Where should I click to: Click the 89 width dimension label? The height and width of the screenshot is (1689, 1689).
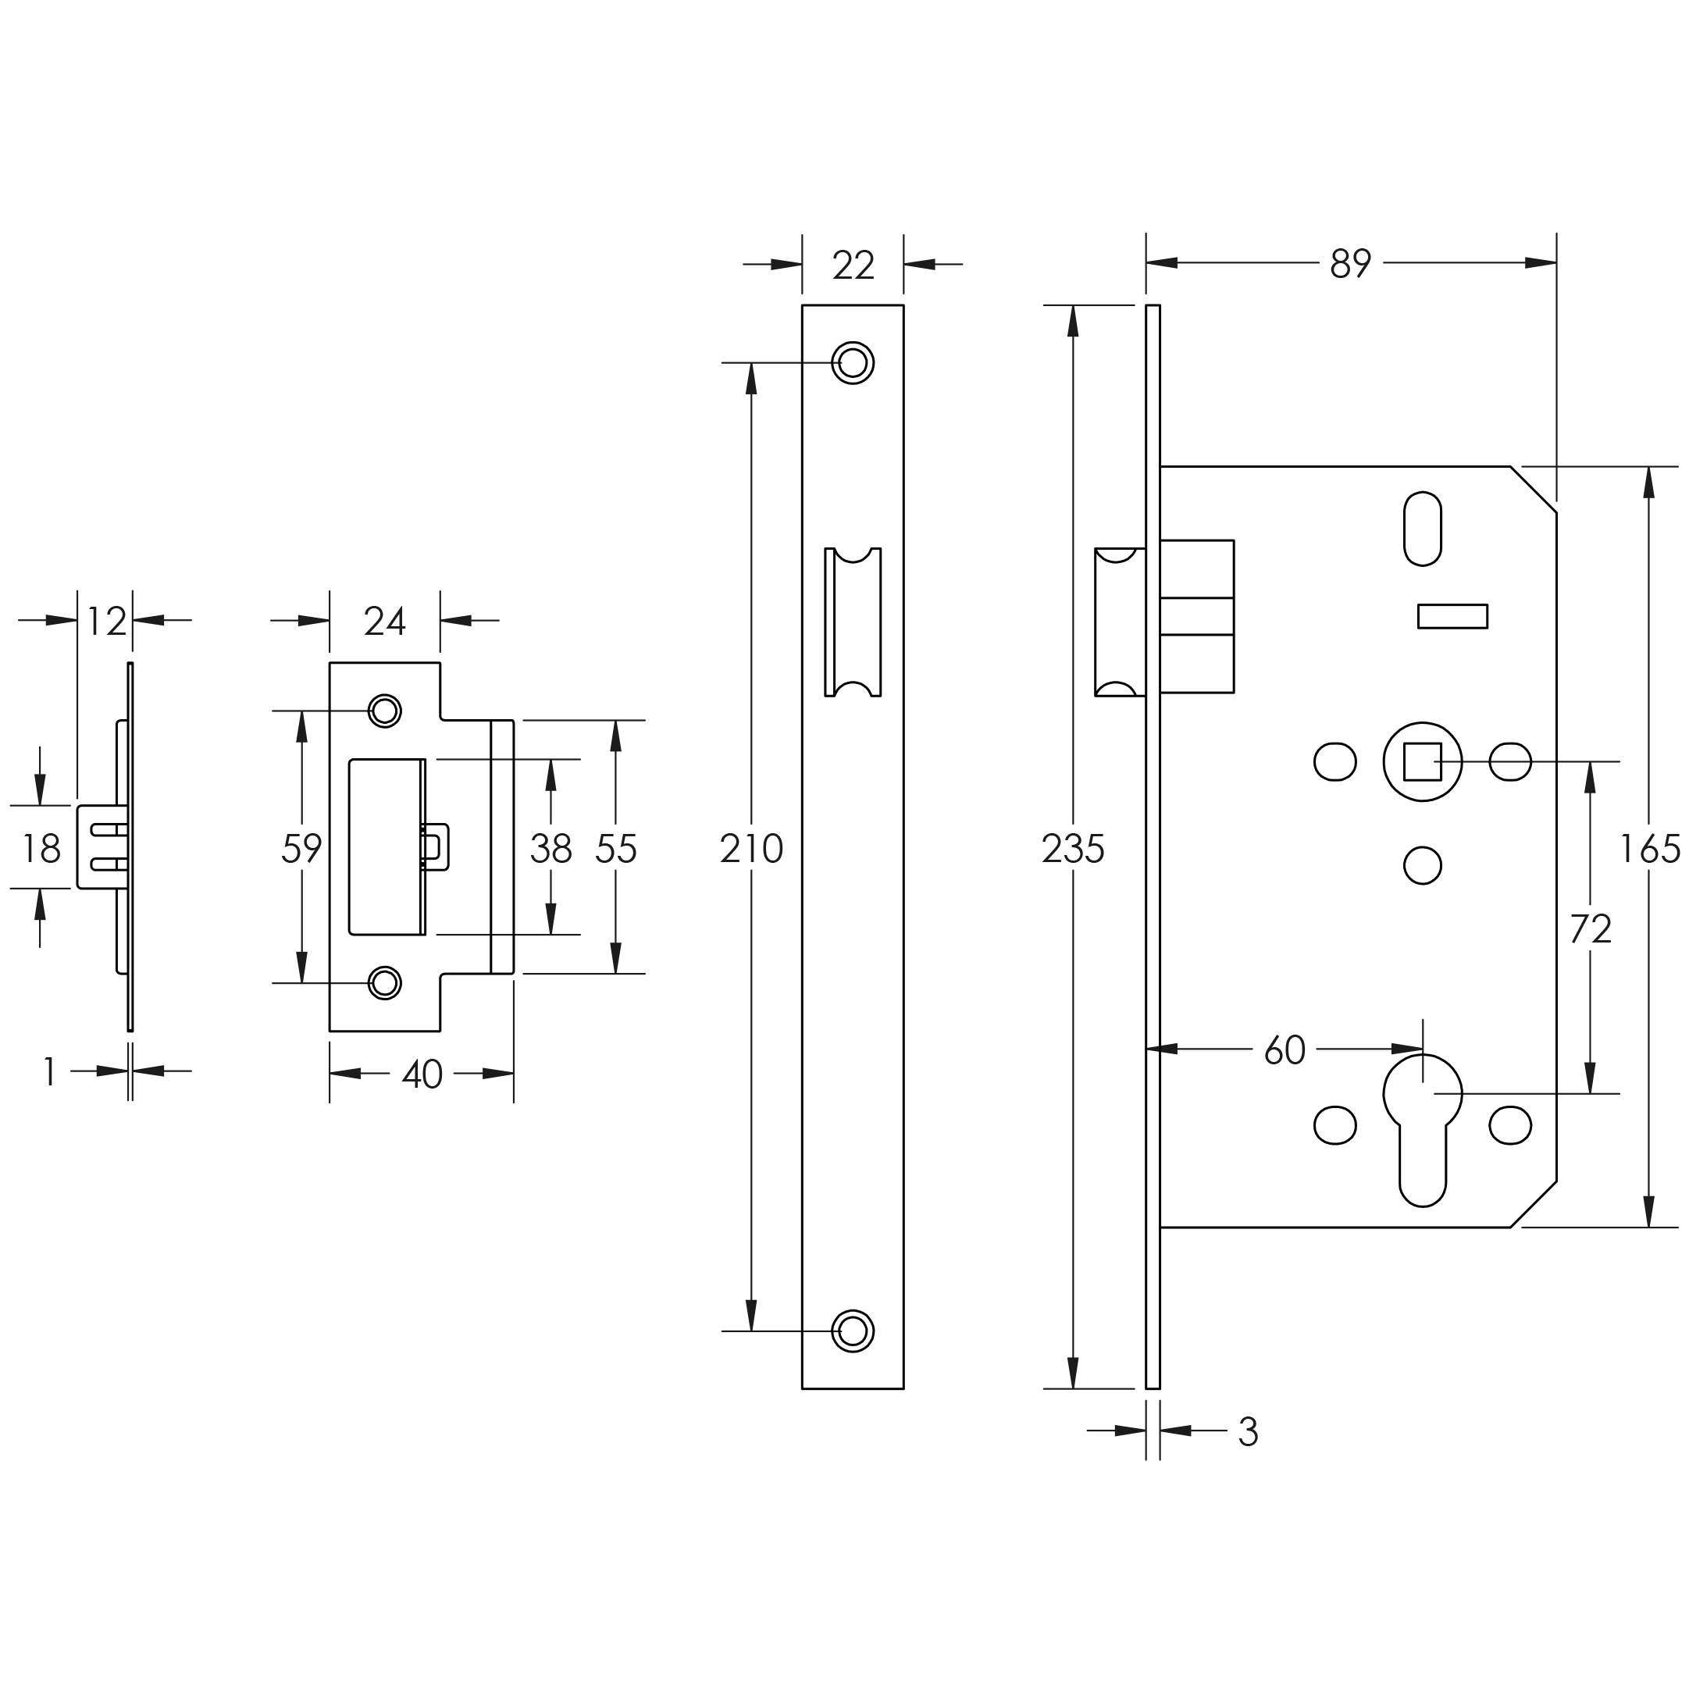pyautogui.click(x=1351, y=264)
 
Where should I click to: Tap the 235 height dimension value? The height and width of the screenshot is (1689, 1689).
pyautogui.click(x=1073, y=849)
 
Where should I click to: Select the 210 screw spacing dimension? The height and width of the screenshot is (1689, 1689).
pyautogui.click(x=751, y=849)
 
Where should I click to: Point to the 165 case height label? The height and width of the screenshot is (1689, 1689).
pyautogui.click(x=1650, y=849)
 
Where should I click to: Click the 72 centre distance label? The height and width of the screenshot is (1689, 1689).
pyautogui.click(x=1590, y=929)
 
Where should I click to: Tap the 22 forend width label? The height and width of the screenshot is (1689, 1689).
pyautogui.click(x=853, y=265)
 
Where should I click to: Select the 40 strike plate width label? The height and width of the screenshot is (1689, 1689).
pyautogui.click(x=422, y=1074)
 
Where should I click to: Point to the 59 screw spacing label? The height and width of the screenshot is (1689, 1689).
pyautogui.click(x=301, y=849)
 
